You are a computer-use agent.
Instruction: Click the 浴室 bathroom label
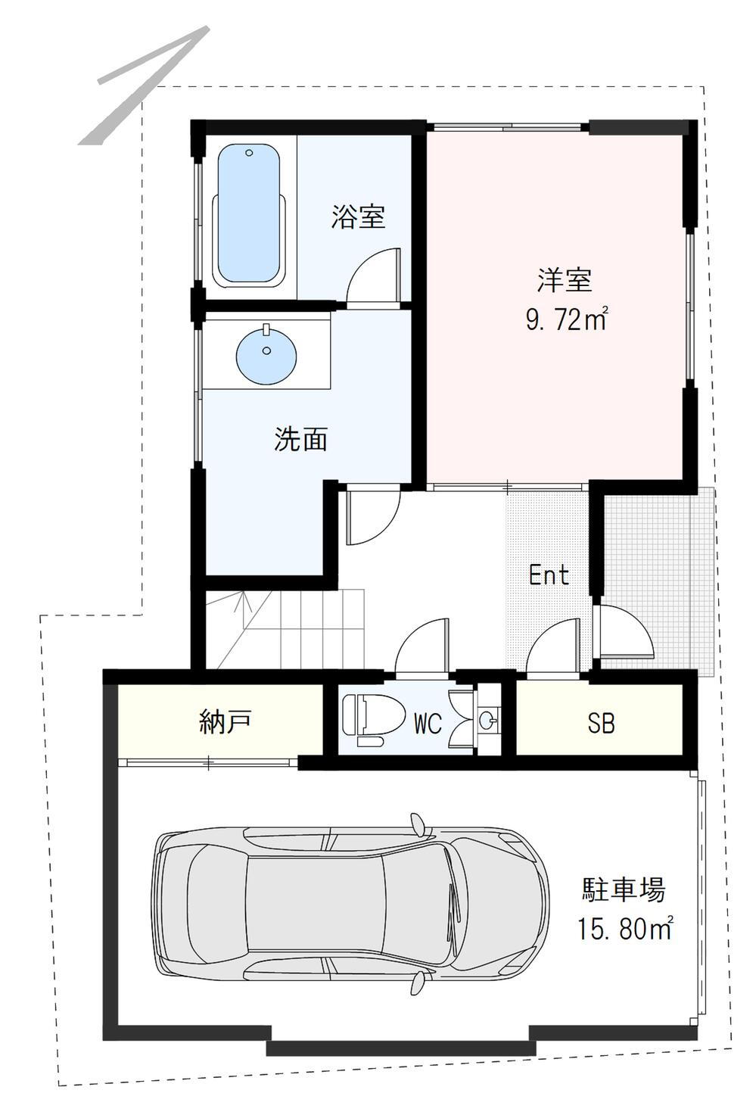[359, 216]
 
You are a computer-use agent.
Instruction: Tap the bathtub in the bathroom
[250, 216]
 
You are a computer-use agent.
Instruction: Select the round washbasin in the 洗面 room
[266, 356]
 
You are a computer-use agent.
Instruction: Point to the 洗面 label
[300, 438]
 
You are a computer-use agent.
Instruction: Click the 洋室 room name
[565, 280]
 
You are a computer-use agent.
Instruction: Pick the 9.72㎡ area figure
[567, 319]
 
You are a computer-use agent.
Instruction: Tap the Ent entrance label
[549, 575]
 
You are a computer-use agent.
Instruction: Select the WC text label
[428, 724]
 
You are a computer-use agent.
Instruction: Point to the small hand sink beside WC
[488, 719]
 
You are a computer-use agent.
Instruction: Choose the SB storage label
[601, 723]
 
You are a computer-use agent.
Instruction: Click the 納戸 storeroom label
[225, 721]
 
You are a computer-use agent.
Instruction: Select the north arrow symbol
[143, 85]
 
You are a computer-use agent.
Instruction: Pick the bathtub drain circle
[249, 153]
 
